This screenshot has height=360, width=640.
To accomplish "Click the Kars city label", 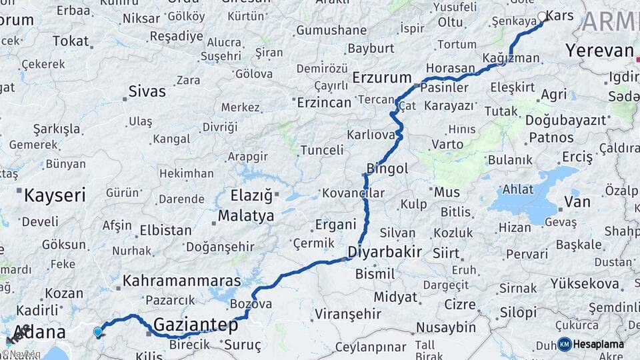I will click(x=559, y=15).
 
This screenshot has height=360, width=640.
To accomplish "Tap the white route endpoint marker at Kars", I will click(x=542, y=17).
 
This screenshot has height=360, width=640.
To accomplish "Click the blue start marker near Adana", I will click(x=98, y=331).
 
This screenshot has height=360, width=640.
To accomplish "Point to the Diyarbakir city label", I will click(x=385, y=252).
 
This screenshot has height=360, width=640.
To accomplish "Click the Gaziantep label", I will click(x=195, y=325).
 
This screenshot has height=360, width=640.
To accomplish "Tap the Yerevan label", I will click(x=599, y=50).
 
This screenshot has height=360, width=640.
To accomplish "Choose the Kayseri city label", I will click(x=55, y=195).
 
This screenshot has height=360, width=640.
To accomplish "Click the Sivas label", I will click(x=147, y=91).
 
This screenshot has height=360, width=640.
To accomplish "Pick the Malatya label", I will click(x=246, y=216).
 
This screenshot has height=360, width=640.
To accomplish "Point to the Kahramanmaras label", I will click(x=181, y=281).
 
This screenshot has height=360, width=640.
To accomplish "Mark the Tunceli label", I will click(x=321, y=150).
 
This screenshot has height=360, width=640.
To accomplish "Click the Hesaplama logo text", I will click(x=599, y=344).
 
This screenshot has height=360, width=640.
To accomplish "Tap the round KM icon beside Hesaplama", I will click(x=565, y=344).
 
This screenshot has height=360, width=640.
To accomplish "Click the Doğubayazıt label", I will click(x=566, y=120).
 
